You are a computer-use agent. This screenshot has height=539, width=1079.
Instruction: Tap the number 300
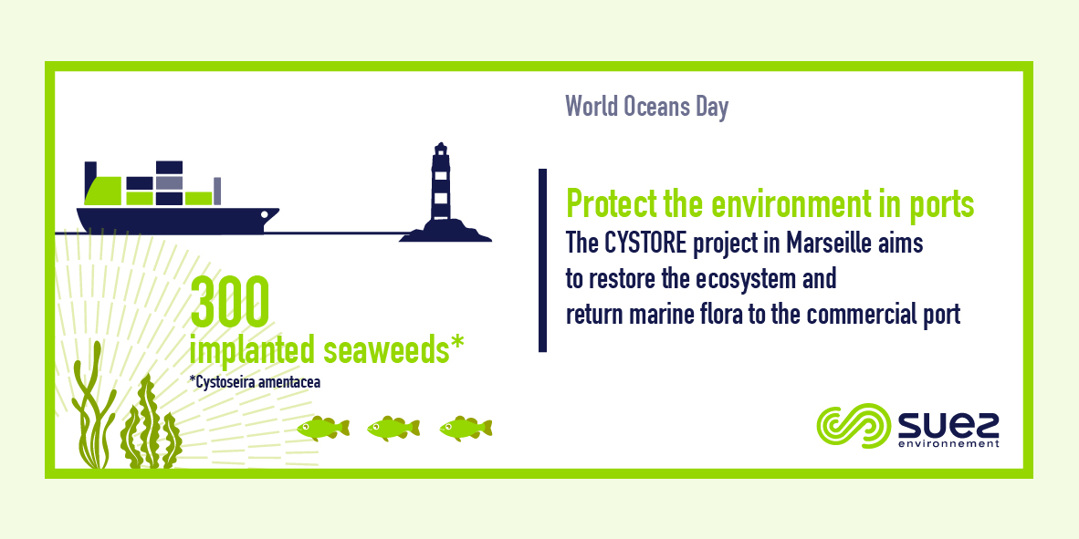coord(228,303)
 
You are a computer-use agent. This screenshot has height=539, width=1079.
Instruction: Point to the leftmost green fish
coord(323,428)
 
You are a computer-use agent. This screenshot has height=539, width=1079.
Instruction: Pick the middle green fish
coord(393,428)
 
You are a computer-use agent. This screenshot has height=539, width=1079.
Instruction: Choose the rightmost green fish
coord(466,428)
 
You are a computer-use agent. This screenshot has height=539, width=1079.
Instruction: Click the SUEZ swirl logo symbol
coord(854,426)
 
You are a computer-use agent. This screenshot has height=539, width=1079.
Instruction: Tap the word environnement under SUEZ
coord(949,444)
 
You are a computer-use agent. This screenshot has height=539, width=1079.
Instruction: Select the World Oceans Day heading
coord(647,108)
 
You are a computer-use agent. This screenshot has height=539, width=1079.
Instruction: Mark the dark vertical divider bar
coord(542,260)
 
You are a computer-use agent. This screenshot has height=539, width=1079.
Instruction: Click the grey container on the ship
coord(169,182)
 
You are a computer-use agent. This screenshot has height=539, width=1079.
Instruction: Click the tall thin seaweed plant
coord(90,405)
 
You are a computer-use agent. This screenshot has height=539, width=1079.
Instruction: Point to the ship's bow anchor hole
coord(265,214)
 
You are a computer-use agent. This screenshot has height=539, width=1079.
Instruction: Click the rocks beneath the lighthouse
coord(445,232)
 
